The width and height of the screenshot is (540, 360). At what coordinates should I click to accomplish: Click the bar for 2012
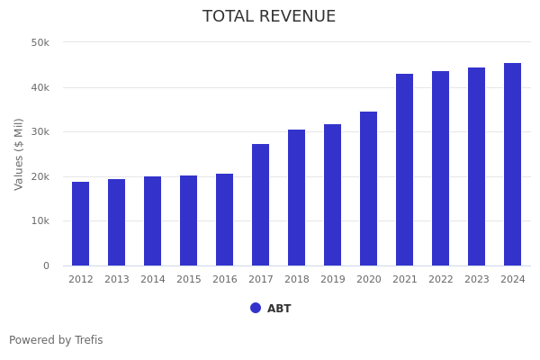[81, 224]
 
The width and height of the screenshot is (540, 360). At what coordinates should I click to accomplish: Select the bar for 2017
[261, 205]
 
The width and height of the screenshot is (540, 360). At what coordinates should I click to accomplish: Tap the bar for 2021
[405, 170]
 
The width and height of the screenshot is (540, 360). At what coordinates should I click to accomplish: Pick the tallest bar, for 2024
[513, 165]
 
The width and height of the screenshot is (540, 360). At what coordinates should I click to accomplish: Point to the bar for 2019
[333, 195]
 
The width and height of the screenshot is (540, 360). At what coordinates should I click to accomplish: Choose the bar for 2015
[189, 220]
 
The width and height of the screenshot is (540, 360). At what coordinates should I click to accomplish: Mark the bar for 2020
[369, 189]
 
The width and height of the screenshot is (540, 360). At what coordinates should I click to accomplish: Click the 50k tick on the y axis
[40, 42]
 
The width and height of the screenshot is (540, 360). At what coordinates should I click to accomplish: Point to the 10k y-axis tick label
[40, 220]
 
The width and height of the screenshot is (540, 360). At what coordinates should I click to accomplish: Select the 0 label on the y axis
[45, 265]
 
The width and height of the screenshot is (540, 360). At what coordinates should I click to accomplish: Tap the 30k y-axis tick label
[40, 131]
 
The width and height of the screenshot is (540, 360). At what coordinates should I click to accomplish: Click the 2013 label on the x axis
[117, 280]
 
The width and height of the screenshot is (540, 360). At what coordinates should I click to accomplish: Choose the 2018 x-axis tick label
[297, 280]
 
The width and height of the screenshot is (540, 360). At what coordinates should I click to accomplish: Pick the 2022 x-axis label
[441, 280]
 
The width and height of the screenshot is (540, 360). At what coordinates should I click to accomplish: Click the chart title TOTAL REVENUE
[269, 17]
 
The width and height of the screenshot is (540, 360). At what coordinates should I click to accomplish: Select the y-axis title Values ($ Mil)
[19, 153]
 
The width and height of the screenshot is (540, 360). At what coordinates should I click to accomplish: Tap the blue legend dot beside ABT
[256, 308]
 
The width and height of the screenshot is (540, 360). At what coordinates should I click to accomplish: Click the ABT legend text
[279, 309]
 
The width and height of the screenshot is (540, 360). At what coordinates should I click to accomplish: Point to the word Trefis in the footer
[87, 340]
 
